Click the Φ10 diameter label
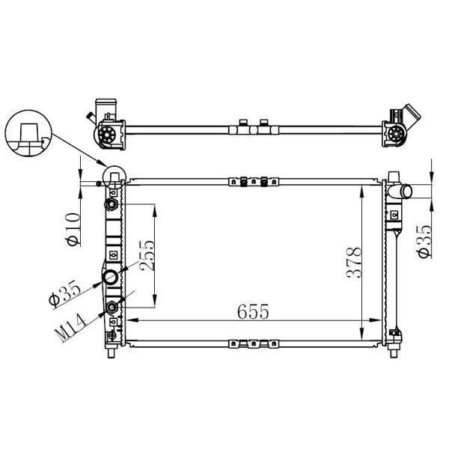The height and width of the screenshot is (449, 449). point(73,230)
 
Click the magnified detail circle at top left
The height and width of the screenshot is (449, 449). point(28,135)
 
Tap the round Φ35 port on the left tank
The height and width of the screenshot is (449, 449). point(111,278)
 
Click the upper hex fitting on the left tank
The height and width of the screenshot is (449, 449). point(112,205)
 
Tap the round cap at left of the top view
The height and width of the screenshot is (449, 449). point(107,135)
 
